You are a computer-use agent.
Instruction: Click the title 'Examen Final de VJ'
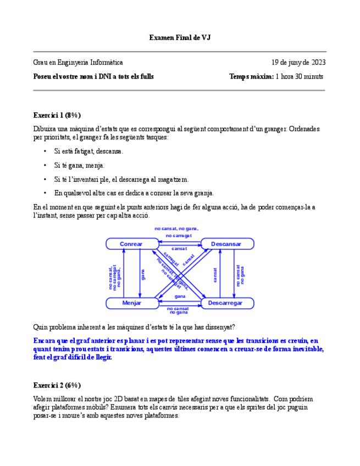pyautogui.click(x=180, y=37)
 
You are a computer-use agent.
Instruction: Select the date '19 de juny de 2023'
pyautogui.click(x=298, y=63)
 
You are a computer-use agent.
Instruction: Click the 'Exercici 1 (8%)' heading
pyautogui.click(x=57, y=115)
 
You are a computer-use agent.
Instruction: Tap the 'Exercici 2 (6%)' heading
pyautogui.click(x=57, y=385)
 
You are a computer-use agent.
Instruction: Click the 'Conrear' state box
pyautogui.click(x=131, y=244)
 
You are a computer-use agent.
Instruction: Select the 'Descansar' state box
pyautogui.click(x=226, y=244)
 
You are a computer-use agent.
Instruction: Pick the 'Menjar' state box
pyautogui.click(x=131, y=303)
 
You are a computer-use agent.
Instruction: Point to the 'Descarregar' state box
pyautogui.click(x=226, y=303)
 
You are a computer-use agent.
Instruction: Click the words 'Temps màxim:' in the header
pyautogui.click(x=251, y=77)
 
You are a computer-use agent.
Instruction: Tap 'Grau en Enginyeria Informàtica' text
pyautogui.click(x=78, y=63)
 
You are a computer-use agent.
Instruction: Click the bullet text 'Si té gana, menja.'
pyautogui.click(x=79, y=165)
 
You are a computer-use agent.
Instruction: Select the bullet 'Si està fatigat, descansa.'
pyautogui.click(x=88, y=151)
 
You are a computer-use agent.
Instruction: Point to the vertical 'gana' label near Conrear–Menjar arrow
pyautogui.click(x=143, y=274)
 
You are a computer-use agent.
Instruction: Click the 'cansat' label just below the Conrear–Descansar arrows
pyautogui.click(x=179, y=249)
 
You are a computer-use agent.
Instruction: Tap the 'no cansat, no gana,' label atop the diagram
pyautogui.click(x=176, y=228)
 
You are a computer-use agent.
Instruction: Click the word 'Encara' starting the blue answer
pyautogui.click(x=44, y=341)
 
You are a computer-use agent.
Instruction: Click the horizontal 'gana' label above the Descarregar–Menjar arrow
pyautogui.click(x=180, y=297)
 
